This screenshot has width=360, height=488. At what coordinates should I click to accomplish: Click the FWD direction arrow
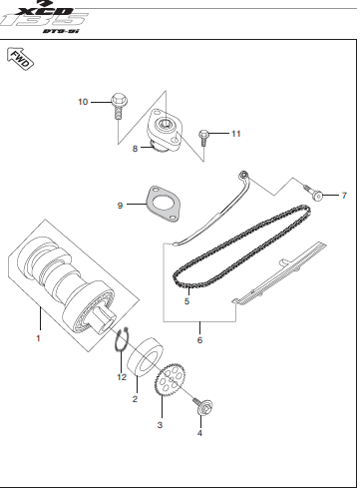click(20, 59)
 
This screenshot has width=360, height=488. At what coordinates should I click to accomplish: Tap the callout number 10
click(83, 102)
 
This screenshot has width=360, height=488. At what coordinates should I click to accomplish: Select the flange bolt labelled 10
click(119, 106)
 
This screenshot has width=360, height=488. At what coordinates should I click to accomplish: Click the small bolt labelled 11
click(203, 138)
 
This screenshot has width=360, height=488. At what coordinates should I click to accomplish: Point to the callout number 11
click(236, 134)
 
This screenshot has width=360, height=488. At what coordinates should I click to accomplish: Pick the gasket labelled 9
click(164, 204)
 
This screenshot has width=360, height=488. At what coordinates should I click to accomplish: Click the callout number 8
click(135, 149)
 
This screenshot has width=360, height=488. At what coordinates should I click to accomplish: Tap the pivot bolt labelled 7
click(313, 194)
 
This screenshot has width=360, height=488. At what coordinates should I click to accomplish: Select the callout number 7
click(344, 196)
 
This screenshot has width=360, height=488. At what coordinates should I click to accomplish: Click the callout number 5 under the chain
click(186, 301)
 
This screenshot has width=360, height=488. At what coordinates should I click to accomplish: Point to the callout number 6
click(199, 340)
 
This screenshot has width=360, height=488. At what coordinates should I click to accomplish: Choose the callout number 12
click(122, 377)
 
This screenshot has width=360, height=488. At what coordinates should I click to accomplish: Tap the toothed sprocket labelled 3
click(170, 380)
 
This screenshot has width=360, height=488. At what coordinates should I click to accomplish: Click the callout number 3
click(160, 425)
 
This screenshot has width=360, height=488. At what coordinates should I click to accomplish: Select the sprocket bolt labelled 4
click(202, 404)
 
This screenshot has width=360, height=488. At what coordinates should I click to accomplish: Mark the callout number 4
click(199, 433)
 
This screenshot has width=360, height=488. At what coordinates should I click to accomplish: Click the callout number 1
click(38, 338)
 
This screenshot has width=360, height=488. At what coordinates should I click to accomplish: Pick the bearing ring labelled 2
click(146, 357)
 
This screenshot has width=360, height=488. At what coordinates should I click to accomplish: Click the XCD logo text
click(44, 11)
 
